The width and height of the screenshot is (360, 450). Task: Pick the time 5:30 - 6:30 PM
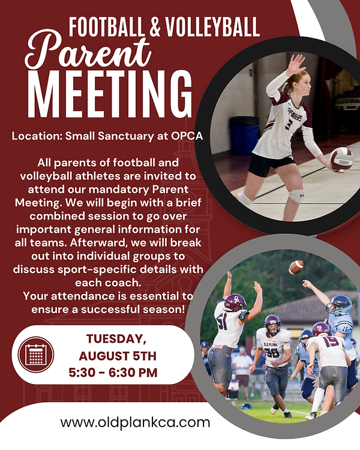coord(113,373)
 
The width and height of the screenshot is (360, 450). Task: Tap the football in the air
coord(296,267)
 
